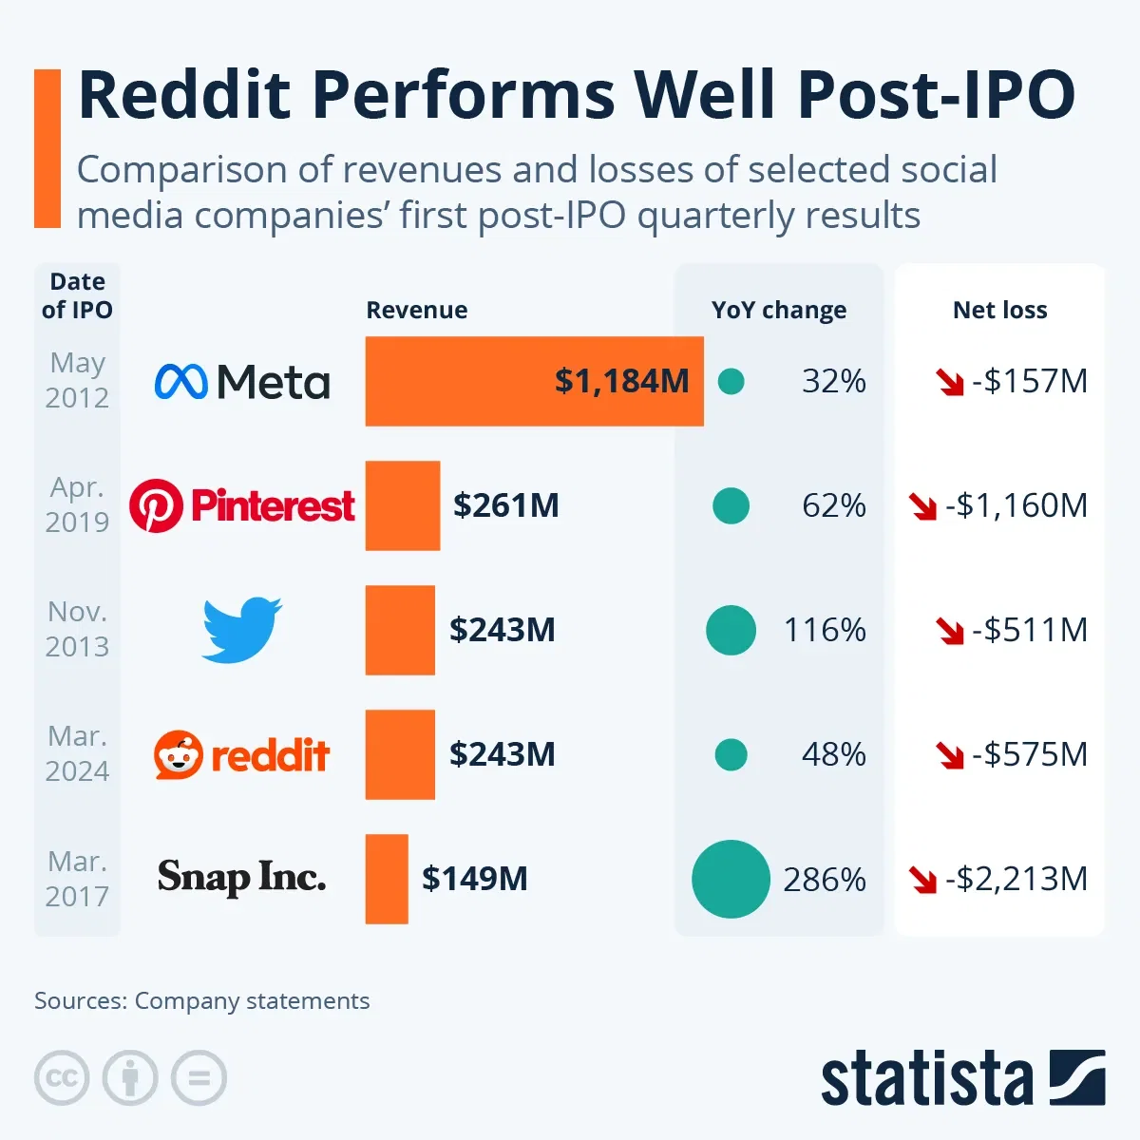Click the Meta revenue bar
534,381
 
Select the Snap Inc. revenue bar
387,879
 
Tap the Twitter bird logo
241,630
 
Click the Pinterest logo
242,505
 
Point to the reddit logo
241,755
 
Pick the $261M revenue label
505,505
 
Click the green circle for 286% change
731,879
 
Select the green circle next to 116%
731,630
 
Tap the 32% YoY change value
833,381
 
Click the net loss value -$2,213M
1016,879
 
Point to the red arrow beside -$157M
949,383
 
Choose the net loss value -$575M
1029,754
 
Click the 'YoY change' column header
778,311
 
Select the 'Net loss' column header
999,311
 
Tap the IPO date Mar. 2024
77,753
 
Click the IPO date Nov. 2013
77,629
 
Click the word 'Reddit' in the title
185,95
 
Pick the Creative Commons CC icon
62,1078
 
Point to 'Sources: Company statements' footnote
201,1001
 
